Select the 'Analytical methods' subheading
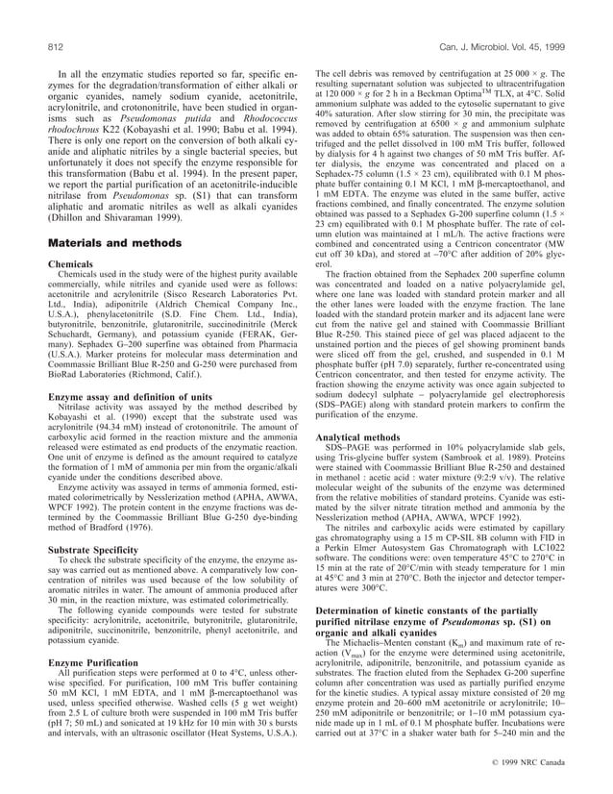click(x=359, y=436)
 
